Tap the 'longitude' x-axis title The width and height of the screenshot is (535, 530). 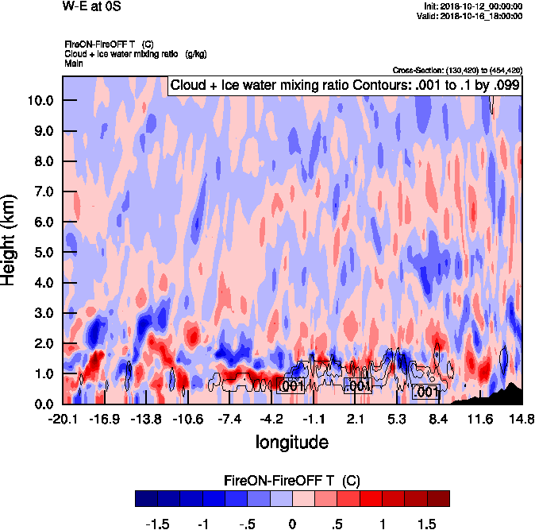click(x=292, y=440)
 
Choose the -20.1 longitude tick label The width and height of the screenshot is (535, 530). click(x=63, y=419)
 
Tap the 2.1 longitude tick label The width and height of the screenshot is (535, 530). click(x=356, y=419)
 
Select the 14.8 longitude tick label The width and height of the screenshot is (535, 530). click(x=522, y=419)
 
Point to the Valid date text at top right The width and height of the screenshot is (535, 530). click(x=474, y=16)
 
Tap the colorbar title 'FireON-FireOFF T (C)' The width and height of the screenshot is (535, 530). click(x=292, y=481)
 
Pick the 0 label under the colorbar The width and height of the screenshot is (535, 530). click(x=292, y=524)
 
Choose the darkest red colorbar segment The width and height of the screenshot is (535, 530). click(x=438, y=498)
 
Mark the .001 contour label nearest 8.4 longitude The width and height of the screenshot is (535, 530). click(x=425, y=391)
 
